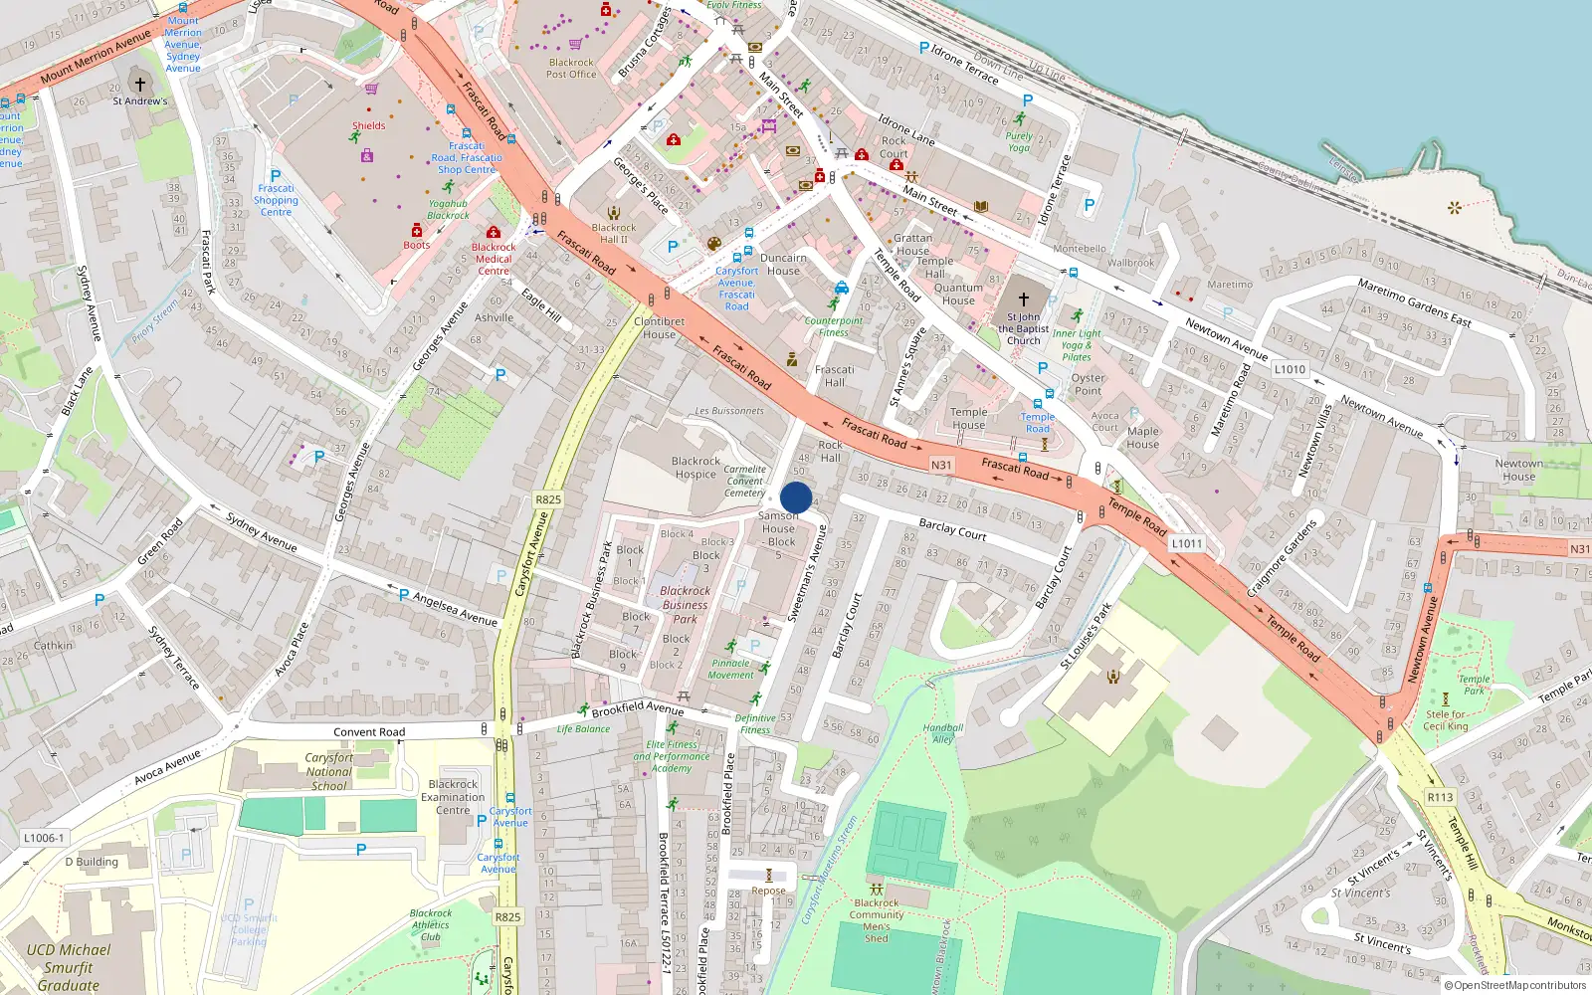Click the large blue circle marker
tap(796, 497)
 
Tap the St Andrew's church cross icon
tap(140, 85)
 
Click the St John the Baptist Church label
tap(1023, 328)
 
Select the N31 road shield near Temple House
tap(941, 465)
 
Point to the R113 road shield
tap(1440, 797)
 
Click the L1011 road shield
tap(1187, 543)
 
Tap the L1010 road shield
tap(1290, 369)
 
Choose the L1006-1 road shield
tap(43, 838)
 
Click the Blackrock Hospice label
tap(696, 468)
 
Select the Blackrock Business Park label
tap(685, 604)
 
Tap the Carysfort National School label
tap(329, 771)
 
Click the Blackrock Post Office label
tap(571, 68)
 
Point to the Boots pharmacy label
tap(417, 245)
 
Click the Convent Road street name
tap(369, 732)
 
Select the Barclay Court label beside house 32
tap(952, 529)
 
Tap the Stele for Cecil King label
tap(1446, 720)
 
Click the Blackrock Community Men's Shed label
tap(877, 920)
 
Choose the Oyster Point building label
tap(1088, 384)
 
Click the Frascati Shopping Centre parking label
tap(276, 199)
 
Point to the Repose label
tap(768, 891)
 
